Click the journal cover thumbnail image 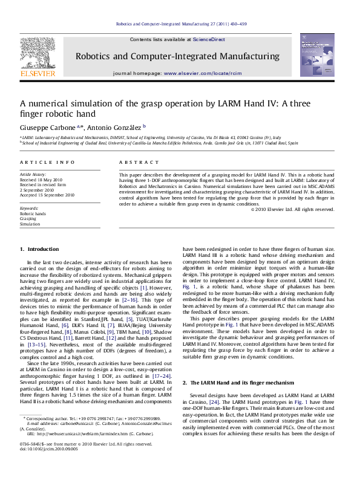316,55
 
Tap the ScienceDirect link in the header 209,39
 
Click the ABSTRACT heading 134,163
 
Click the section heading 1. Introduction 39,249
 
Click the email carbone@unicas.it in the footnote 78,422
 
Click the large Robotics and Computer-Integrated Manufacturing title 177,56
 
